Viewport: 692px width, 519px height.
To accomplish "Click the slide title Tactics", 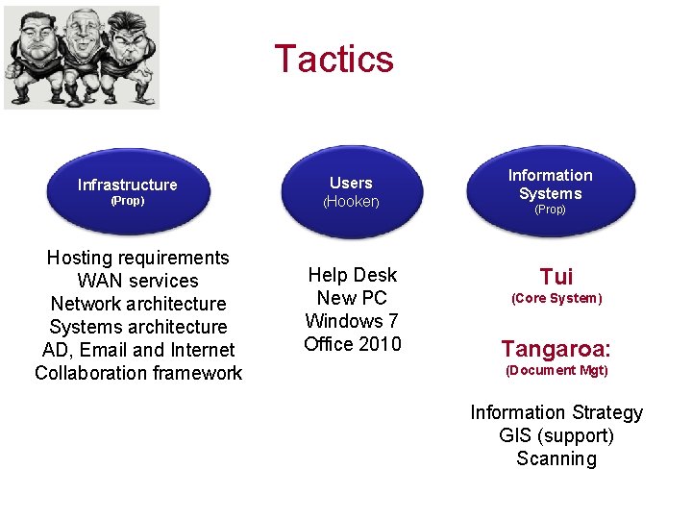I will coord(334,59).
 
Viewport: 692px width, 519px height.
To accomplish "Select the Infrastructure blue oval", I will coord(128,191).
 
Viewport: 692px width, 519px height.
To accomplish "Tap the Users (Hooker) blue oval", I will coord(352,191).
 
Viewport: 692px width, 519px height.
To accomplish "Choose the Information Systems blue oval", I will coord(550,190).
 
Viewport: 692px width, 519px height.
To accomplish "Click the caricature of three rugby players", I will coord(82,57).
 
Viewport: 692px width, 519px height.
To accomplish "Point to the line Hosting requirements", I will coord(138,258).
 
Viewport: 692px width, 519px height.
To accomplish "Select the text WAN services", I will coord(138,281).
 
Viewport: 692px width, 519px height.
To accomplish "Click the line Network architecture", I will coord(138,304).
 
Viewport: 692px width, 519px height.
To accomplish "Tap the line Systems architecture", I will coord(138,327).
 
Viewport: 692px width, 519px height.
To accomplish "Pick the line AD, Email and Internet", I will coord(138,350).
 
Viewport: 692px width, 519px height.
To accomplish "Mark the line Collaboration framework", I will coord(138,373).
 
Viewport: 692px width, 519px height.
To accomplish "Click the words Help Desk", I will coord(352,275).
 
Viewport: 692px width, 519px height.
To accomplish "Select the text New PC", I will coord(352,298).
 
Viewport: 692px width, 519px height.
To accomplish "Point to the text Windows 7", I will coord(352,321).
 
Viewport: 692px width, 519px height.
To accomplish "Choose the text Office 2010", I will coord(352,344).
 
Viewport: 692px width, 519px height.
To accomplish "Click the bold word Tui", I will coord(556,277).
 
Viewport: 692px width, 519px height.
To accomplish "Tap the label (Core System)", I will coord(556,299).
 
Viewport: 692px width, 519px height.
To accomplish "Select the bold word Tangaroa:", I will coord(556,348).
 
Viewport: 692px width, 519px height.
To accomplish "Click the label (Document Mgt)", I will coord(556,370).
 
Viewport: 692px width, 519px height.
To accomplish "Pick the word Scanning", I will coord(556,458).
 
